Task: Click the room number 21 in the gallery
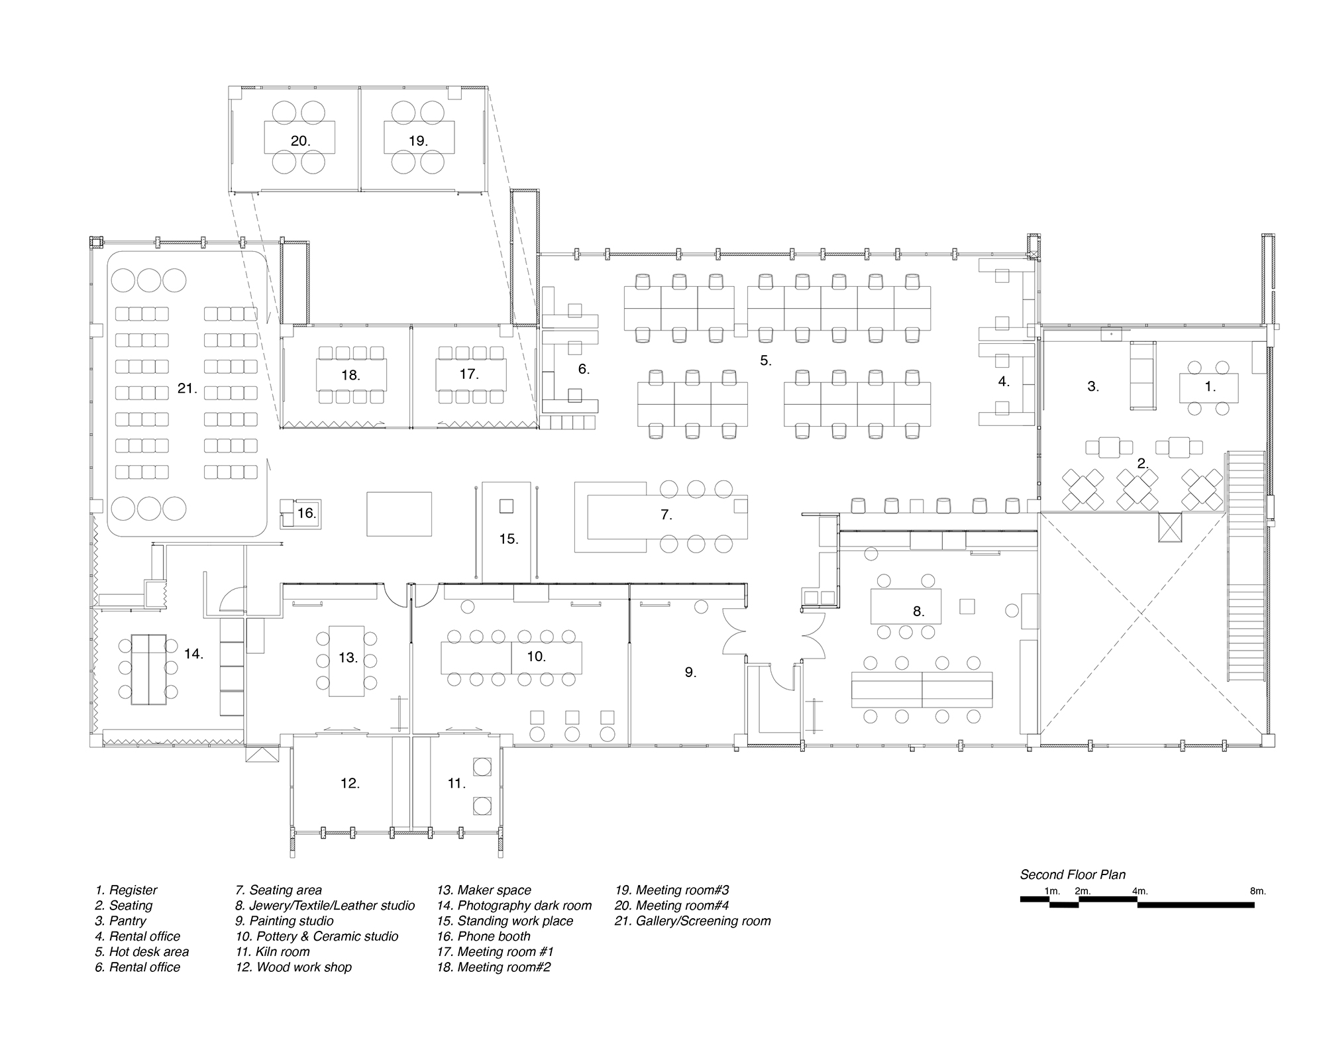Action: click(187, 388)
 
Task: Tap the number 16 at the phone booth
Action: click(306, 513)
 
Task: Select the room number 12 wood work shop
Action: click(350, 783)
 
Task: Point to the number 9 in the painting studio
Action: click(690, 672)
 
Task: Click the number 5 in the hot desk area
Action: click(765, 361)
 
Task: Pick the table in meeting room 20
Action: click(299, 137)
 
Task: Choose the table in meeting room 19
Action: click(419, 137)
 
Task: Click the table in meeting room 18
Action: click(351, 375)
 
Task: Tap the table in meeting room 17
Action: click(470, 375)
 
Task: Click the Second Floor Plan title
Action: click(1073, 874)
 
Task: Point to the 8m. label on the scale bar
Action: click(1257, 891)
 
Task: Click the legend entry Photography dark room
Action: click(514, 906)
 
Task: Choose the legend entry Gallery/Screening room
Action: click(693, 921)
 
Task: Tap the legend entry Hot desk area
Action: click(142, 952)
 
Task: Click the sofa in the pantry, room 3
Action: click(1143, 375)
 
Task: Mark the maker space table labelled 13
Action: click(346, 661)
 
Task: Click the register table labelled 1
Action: click(1208, 388)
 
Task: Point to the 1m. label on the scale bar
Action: click(1052, 891)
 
